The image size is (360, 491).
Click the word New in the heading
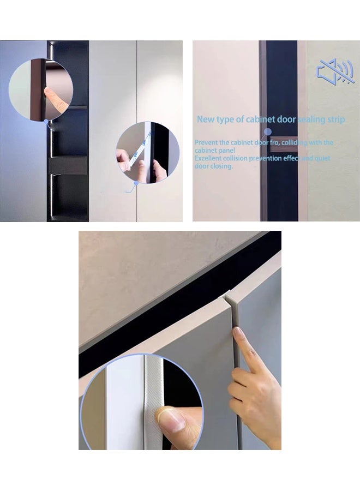[x=205, y=119]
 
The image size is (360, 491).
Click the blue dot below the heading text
[x=267, y=131]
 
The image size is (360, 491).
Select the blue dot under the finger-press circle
[x=46, y=122]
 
